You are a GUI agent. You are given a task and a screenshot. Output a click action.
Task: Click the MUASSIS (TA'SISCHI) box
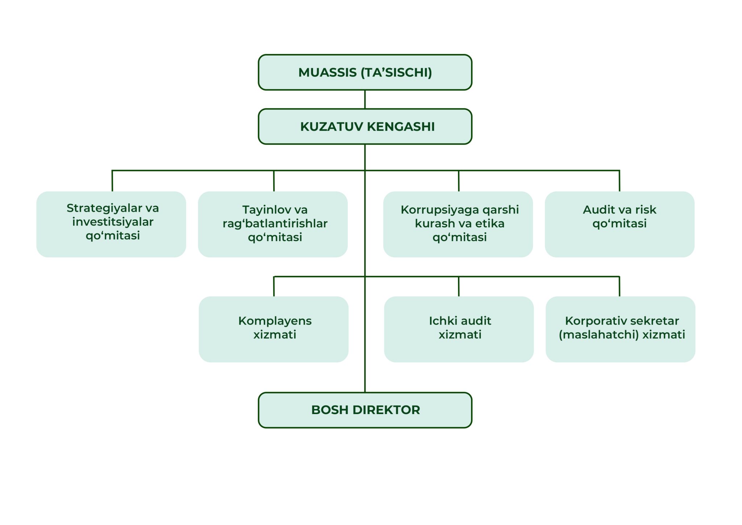365,73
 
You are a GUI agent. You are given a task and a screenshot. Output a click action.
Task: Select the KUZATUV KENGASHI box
365,127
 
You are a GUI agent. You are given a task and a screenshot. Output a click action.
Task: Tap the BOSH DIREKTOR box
365,410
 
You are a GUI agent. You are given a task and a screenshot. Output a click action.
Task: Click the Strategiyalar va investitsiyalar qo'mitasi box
111,224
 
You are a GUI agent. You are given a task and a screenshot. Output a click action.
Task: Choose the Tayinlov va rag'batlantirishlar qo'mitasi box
273,224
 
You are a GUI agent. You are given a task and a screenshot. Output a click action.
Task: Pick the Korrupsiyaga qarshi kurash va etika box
458,224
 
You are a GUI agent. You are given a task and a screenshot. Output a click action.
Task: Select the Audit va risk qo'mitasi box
620,224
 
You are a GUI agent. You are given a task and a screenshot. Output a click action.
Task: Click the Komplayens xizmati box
274,329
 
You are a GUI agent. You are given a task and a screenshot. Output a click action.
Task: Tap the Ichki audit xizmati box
459,329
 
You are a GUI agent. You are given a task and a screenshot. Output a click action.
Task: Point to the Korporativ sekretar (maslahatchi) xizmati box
620,329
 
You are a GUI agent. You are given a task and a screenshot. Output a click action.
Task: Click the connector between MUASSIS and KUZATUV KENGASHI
365,99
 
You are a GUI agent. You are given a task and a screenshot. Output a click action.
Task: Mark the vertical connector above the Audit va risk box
620,181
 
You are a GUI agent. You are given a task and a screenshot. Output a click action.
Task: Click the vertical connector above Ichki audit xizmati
459,286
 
